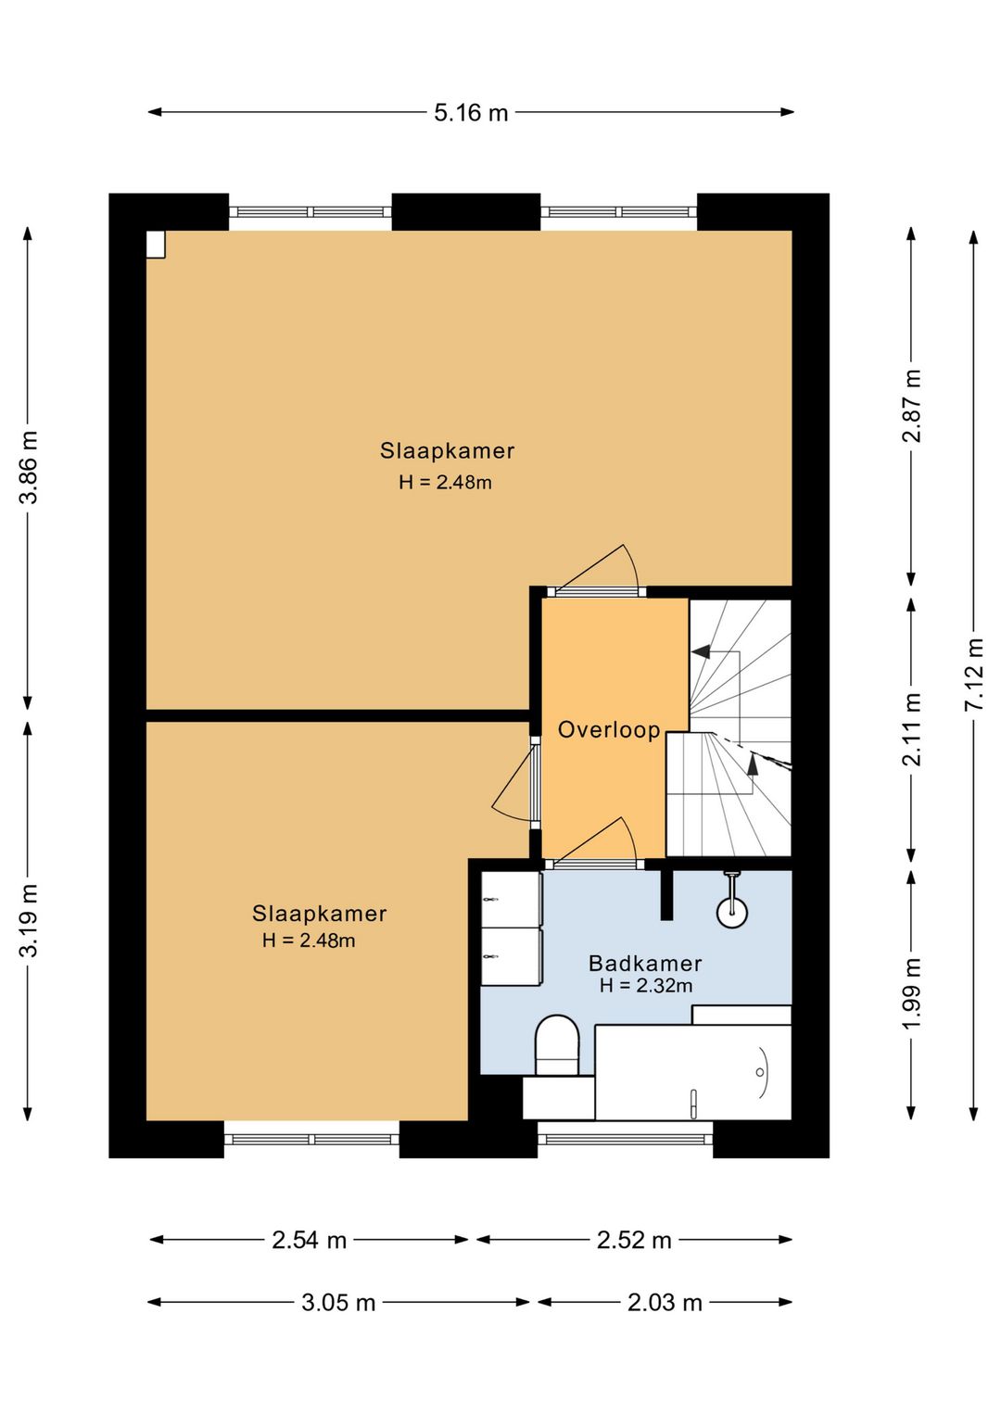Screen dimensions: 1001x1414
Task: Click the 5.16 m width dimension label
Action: [471, 113]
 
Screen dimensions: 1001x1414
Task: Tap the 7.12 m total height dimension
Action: [974, 674]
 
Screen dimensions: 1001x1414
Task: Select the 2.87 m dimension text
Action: [911, 405]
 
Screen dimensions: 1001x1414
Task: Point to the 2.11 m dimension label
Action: [911, 730]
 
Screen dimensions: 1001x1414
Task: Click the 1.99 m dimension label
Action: [911, 993]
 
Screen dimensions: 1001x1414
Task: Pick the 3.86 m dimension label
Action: [29, 467]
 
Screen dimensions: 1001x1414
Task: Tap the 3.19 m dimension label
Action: [29, 920]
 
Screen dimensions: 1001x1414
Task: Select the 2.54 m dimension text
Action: [309, 1241]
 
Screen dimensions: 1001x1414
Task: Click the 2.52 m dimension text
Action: [634, 1241]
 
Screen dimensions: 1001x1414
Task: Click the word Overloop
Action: [609, 730]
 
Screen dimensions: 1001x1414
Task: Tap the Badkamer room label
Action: [645, 964]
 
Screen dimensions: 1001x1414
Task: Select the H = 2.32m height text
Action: [645, 985]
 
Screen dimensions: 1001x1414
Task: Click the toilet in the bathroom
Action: [557, 1044]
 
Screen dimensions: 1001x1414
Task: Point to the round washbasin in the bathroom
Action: [731, 912]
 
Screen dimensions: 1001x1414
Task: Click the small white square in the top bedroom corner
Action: [156, 245]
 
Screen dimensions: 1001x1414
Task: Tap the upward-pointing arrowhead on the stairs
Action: [753, 764]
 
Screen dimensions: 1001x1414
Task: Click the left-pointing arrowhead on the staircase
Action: [701, 652]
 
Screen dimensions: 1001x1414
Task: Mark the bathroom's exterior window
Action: [626, 1140]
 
